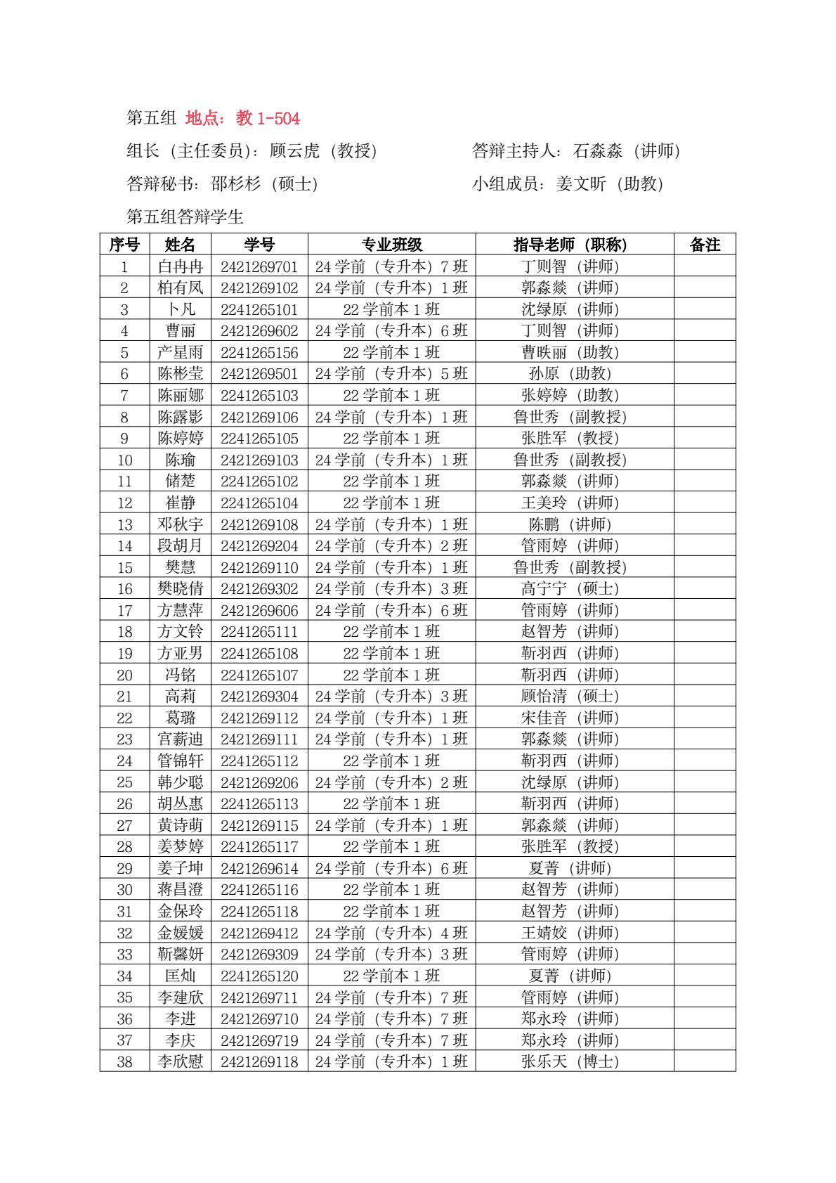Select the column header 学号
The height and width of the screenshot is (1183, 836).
click(259, 245)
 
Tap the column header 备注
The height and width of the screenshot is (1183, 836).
click(705, 245)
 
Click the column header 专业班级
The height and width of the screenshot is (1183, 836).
click(391, 245)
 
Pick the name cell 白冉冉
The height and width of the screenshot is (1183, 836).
click(180, 266)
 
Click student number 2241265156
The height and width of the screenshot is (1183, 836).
click(259, 352)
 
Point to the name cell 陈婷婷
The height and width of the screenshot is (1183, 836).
click(180, 439)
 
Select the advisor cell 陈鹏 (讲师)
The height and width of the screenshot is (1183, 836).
click(570, 524)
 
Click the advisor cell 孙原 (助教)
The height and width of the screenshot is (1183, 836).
click(570, 374)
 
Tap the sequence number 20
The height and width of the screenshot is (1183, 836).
click(124, 675)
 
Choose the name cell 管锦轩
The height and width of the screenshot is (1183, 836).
click(180, 761)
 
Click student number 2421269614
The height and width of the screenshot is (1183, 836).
click(259, 869)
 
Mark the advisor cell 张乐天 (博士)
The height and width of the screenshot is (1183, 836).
click(570, 1062)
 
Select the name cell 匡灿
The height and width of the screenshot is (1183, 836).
click(180, 976)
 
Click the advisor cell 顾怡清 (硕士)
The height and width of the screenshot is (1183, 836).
click(570, 697)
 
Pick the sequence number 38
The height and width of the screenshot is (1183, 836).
click(124, 1062)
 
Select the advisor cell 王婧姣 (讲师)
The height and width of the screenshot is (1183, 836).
click(570, 933)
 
